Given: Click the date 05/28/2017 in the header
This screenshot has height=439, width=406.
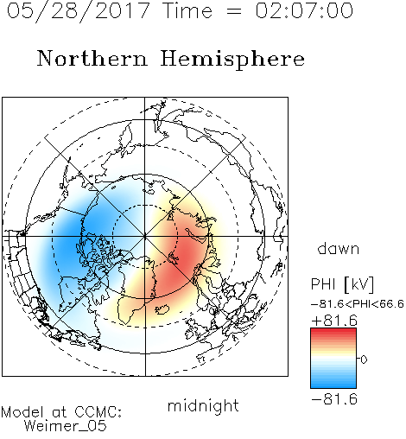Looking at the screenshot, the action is [x=79, y=10].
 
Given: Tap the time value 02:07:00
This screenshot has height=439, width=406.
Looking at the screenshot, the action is [x=304, y=10].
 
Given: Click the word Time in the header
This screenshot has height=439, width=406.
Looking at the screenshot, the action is [x=187, y=10].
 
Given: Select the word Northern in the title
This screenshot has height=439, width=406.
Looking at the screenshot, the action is [x=92, y=58].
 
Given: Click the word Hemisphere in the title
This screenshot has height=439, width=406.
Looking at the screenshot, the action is [x=232, y=60].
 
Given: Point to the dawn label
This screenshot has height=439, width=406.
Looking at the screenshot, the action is [x=339, y=248].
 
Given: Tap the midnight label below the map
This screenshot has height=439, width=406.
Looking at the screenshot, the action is [x=203, y=405].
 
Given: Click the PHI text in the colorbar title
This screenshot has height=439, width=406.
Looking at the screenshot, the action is [x=323, y=284].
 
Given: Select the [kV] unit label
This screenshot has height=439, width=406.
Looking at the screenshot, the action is [x=358, y=284].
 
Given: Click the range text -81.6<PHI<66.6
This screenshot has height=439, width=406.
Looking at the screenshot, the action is [x=358, y=304].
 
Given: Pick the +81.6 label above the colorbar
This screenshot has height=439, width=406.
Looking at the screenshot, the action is [x=334, y=321].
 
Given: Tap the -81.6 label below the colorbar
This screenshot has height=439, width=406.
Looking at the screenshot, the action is [x=334, y=399].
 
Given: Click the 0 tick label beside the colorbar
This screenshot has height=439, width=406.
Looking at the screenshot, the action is [x=364, y=359].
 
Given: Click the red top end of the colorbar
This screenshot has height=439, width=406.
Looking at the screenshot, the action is [x=333, y=331].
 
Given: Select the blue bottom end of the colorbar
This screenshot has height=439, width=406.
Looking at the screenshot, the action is [x=333, y=385].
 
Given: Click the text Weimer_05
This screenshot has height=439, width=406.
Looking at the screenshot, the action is [x=66, y=426].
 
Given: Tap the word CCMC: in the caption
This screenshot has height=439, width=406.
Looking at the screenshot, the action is [x=98, y=412].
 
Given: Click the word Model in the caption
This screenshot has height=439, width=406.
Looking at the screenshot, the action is [x=22, y=412].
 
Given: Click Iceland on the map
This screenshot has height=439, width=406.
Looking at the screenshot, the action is [x=162, y=309].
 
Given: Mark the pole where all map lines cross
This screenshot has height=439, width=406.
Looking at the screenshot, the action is [x=145, y=237].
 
